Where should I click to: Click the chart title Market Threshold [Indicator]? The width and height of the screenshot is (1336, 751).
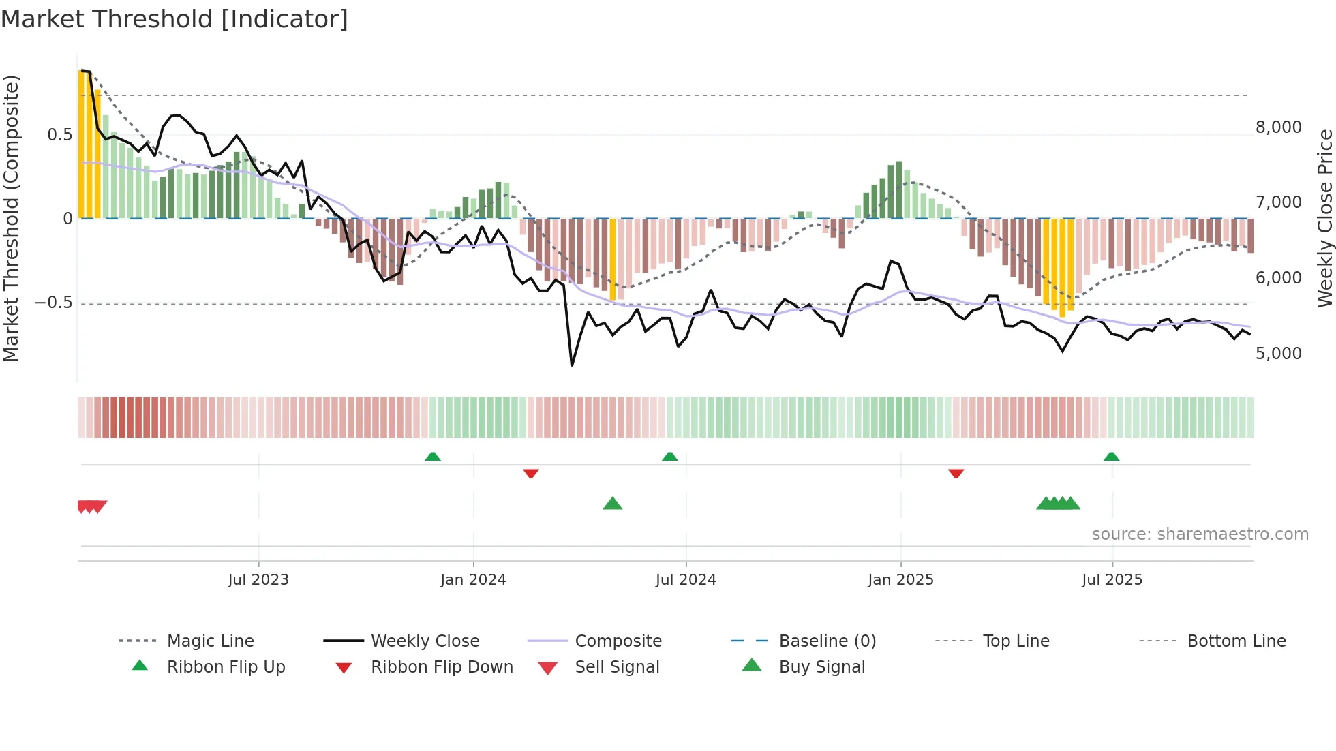(174, 19)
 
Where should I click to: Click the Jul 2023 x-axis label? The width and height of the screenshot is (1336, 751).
(258, 580)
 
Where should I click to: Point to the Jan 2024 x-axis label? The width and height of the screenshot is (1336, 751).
(473, 580)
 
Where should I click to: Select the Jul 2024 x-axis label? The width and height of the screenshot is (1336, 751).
(686, 580)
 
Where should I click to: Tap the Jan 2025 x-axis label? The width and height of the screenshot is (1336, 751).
(900, 580)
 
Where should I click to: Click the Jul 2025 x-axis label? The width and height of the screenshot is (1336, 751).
(1112, 580)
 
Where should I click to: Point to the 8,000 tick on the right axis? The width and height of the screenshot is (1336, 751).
(1279, 127)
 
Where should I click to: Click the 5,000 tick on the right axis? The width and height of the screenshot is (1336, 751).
(1279, 354)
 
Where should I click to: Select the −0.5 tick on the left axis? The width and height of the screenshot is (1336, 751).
(53, 303)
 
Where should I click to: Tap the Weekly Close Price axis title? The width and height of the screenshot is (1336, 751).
(1324, 218)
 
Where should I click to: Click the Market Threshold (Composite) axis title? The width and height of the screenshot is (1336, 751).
(11, 218)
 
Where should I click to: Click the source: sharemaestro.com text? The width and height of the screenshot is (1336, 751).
(1200, 534)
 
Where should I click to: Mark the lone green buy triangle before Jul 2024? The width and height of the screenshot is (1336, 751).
(613, 504)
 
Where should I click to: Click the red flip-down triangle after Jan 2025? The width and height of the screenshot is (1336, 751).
(956, 473)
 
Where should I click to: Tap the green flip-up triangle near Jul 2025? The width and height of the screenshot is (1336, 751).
(1112, 457)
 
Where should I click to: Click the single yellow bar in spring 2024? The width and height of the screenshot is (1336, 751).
(613, 259)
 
